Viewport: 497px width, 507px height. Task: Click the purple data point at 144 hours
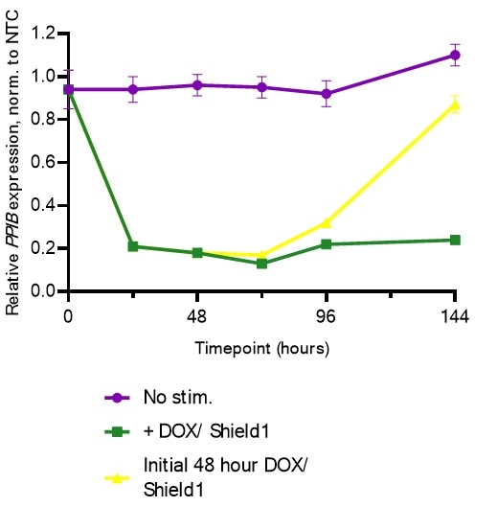pos(455,56)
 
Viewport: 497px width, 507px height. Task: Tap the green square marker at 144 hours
pos(455,240)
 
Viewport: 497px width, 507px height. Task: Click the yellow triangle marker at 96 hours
pos(327,222)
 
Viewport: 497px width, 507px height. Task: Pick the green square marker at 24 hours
pos(132,246)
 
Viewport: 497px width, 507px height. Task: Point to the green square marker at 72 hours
pos(261,263)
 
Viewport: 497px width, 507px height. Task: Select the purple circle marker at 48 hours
pos(197,85)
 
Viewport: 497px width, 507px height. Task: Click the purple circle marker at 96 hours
pos(327,94)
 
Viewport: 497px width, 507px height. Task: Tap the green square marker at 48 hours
pos(197,253)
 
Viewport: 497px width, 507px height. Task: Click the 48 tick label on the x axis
pos(197,315)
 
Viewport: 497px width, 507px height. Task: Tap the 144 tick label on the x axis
pos(455,315)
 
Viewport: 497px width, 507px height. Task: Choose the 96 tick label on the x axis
pos(327,315)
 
